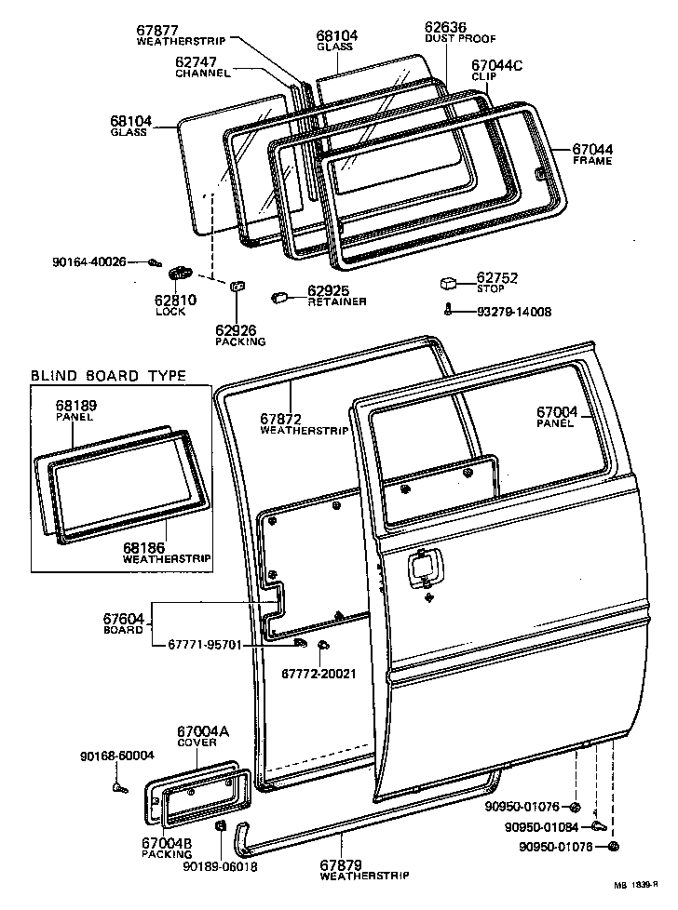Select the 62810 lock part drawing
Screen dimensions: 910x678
179,273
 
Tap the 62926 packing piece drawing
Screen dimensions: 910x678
236,285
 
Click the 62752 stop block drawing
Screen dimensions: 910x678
450,283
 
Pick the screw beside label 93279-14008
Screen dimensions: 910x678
449,310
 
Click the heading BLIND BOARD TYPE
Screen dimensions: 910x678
108,376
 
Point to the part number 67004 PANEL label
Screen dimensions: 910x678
557,417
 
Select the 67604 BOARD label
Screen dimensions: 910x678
123,622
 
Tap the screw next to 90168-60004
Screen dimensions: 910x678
118,788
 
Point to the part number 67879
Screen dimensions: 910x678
341,865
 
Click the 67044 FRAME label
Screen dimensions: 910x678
591,154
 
